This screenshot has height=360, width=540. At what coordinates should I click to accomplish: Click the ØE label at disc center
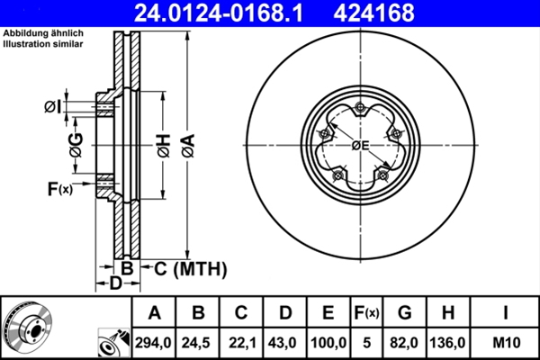(x=361, y=147)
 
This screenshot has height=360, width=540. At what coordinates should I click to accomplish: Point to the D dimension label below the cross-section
(x=115, y=284)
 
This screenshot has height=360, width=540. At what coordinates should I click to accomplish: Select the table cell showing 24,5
(x=199, y=343)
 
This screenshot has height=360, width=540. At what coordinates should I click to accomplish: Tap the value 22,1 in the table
(x=241, y=343)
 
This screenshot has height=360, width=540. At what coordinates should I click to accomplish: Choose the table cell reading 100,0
(x=328, y=343)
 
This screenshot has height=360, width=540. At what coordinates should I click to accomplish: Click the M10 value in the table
(x=506, y=343)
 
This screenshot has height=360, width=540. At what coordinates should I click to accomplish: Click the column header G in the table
(x=405, y=313)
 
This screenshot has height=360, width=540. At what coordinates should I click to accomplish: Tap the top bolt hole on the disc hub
(x=360, y=108)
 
